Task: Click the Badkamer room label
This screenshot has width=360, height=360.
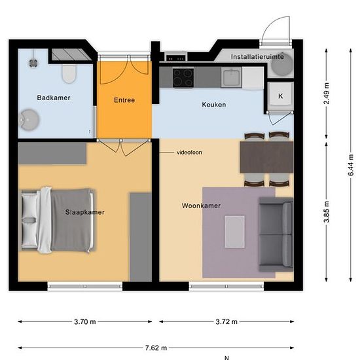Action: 54,98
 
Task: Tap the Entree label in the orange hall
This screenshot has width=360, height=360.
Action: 124,100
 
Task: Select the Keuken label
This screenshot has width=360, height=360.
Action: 214,105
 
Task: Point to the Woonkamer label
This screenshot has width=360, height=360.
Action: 201,206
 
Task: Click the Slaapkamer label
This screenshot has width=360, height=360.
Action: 84,212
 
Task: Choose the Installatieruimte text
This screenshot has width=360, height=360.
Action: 257,57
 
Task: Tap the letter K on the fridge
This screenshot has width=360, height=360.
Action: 281,96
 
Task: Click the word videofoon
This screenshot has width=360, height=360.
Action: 189,153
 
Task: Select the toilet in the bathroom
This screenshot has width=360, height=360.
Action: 69,74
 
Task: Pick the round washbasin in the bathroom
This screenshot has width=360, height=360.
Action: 29,120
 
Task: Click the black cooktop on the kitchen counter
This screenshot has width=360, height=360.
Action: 183,78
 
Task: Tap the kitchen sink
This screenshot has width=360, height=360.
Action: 231,77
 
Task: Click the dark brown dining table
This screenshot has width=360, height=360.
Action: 266,157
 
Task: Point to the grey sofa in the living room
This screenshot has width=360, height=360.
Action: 276,234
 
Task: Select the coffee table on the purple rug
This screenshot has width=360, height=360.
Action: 234,232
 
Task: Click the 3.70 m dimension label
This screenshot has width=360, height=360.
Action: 85,321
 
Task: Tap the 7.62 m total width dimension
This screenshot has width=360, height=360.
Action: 156,348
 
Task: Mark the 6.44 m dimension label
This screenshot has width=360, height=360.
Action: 351,165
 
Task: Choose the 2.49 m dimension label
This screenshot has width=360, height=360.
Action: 326,94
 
